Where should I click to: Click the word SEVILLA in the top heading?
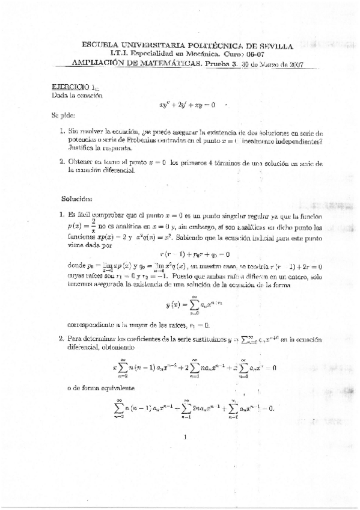273,45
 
